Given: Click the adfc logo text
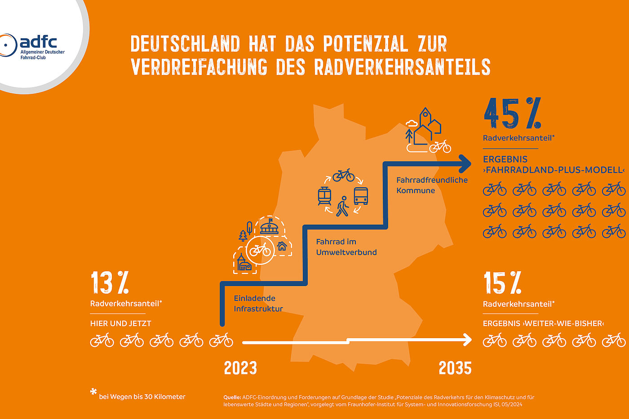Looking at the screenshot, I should pos(38,43).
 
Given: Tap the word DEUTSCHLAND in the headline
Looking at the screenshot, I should pos(185,44).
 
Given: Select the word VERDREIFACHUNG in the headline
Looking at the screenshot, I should pos(199,67).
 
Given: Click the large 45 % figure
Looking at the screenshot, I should pos(512,114).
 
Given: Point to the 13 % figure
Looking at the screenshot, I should pos(110,283).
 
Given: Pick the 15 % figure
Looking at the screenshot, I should pos(502,283).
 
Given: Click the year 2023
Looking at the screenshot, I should pos(240,368).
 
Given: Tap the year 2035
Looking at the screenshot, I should pos(455,368).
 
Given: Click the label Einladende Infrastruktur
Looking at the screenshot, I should pos(258,304).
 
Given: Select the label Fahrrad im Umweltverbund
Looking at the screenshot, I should pos(346,247).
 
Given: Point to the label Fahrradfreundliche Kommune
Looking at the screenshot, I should pos(431,185).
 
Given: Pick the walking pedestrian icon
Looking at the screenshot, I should pos(343,206).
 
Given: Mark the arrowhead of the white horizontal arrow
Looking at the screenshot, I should pos(468,340).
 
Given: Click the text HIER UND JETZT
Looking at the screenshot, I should pos(120,323).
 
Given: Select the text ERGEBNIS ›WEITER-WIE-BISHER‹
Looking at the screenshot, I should pos(543,323).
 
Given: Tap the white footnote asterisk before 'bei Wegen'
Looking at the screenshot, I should pos(93,392).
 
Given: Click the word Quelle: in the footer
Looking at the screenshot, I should pos(232,397).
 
